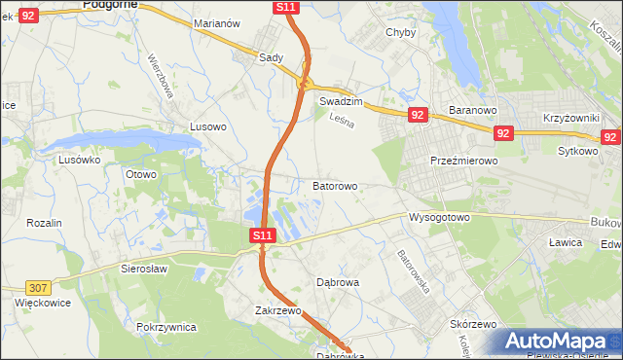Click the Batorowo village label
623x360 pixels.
click(335, 185)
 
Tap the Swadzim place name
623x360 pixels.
click(341, 101)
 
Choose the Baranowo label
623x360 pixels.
click(473, 110)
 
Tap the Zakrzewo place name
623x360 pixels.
click(275, 311)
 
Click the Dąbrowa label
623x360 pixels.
click(339, 282)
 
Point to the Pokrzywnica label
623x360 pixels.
click(167, 327)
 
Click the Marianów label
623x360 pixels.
click(217, 50)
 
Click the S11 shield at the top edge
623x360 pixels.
click(285, 7)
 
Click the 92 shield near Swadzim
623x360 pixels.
click(418, 115)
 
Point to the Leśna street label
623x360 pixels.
click(340, 121)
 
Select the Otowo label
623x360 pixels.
click(141, 174)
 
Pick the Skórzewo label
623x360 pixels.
click(474, 324)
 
